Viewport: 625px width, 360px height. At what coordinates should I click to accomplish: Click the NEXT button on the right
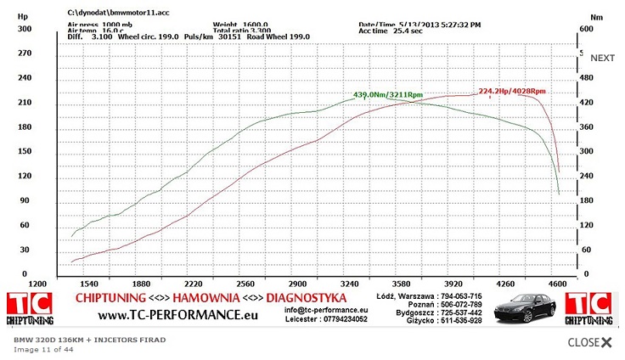pyautogui.click(x=602, y=58)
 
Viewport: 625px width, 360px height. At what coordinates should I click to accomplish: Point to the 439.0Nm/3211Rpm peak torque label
pyautogui.click(x=388, y=94)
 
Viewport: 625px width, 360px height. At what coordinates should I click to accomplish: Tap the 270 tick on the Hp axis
pyautogui.click(x=24, y=53)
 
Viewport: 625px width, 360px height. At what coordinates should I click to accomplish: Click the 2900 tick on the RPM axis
pyautogui.click(x=297, y=283)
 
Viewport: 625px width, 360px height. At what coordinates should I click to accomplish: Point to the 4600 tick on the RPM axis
pyautogui.click(x=557, y=283)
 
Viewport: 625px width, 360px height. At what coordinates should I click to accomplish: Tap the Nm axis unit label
pyautogui.click(x=596, y=15)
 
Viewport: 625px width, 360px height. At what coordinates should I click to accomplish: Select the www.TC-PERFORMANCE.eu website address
pyautogui.click(x=178, y=316)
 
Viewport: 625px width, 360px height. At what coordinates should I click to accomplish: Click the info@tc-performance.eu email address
pyautogui.click(x=326, y=310)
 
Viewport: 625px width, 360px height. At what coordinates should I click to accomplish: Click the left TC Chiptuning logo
pyautogui.click(x=30, y=308)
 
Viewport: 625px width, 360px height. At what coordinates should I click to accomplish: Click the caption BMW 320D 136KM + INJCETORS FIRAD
pyautogui.click(x=89, y=340)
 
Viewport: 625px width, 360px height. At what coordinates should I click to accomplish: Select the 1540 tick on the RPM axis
pyautogui.click(x=89, y=283)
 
